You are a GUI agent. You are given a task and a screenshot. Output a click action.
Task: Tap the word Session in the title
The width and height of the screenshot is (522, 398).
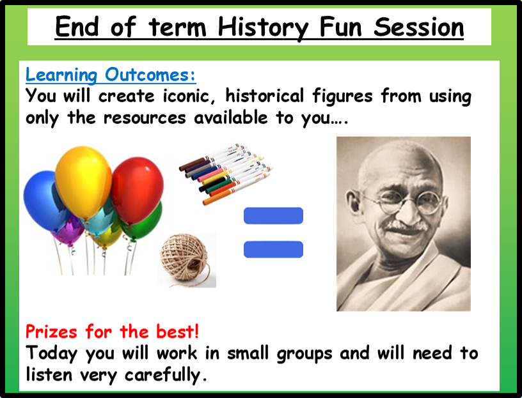[418, 27]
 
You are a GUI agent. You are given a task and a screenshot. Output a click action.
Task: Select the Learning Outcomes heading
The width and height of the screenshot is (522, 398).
[111, 75]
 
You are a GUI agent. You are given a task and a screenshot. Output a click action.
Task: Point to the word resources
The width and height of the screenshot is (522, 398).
[144, 118]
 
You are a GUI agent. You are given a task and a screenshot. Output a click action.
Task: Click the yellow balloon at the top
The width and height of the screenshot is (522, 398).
[83, 182]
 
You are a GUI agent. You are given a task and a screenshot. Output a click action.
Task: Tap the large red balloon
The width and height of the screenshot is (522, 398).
[137, 190]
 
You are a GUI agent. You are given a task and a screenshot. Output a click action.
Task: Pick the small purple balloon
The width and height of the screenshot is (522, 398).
[69, 232]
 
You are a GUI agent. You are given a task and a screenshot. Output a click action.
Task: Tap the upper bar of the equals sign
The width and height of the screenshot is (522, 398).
[273, 216]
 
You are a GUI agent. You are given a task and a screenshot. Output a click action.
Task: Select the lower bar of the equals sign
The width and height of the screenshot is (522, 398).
[273, 249]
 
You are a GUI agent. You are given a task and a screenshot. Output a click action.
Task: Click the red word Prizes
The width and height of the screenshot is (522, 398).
[51, 332]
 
